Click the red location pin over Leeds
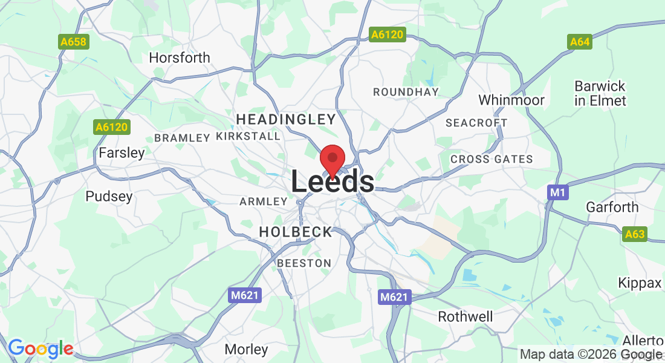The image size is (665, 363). point(332,159)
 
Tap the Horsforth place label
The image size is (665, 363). point(180,58)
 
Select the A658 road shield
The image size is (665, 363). point(74,42)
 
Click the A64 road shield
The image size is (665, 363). point(579,42)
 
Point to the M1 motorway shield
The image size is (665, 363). point(557,192)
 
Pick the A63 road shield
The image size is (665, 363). point(635,234)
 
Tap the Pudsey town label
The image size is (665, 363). point(109,197)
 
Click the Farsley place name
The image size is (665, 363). point(122,153)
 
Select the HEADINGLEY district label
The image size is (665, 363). point(286,119)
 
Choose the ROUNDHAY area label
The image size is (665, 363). point(406,92)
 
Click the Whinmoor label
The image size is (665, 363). point(511,100)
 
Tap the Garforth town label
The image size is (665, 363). point(612,208)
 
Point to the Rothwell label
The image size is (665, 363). point(465,316)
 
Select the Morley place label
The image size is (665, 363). point(246,349)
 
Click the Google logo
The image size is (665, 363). point(40,348)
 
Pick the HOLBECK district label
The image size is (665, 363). point(296,232)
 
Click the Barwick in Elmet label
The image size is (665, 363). point(600,93)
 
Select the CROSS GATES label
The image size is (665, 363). point(491,160)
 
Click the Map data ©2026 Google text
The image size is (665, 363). point(591,355)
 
